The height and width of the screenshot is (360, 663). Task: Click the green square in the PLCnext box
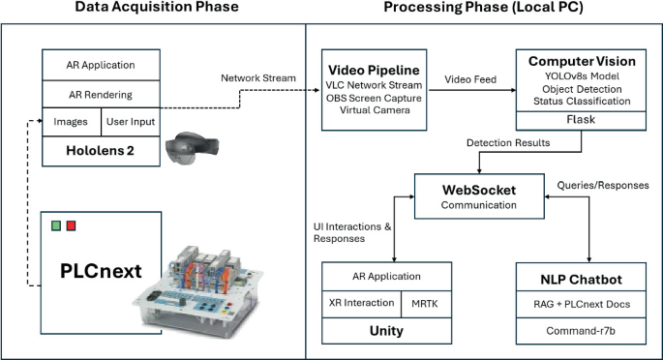coord(57,226)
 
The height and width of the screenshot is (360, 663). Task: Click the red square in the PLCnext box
coord(71,226)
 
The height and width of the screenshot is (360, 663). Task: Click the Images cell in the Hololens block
coord(71,122)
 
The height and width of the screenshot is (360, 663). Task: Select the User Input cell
coord(130,122)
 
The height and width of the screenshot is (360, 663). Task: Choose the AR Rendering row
coord(101,95)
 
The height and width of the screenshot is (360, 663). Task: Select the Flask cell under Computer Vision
coord(581,121)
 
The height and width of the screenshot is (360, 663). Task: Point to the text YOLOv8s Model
coord(581,75)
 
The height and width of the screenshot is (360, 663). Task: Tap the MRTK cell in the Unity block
coord(424,303)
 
